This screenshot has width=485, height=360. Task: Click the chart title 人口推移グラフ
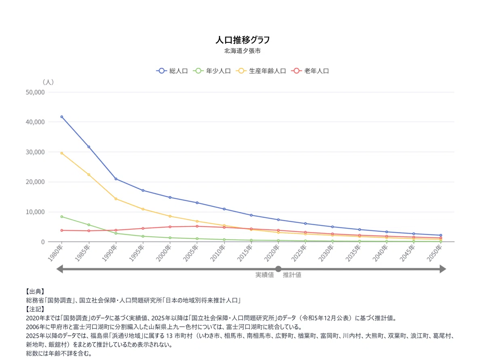(242, 40)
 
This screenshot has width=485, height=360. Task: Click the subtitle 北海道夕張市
(242, 51)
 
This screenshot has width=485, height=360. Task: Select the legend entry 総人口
(172, 71)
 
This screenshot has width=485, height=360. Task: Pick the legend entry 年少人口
(212, 71)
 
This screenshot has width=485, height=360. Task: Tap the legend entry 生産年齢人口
(261, 71)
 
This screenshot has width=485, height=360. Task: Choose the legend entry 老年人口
(310, 71)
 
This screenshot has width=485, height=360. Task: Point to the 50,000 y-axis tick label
(35, 92)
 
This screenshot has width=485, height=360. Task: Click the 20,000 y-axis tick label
(35, 182)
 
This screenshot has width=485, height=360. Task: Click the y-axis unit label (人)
(48, 82)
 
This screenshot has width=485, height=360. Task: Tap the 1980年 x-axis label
(55, 253)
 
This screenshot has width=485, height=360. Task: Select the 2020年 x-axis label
(272, 253)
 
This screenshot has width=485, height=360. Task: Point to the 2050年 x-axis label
(434, 253)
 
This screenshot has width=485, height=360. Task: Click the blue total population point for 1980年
(62, 117)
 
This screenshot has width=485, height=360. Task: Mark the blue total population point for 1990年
(116, 179)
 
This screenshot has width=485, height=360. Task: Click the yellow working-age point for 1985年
(89, 175)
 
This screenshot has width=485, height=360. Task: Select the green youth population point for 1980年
(62, 217)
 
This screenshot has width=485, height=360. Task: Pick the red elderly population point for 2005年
(197, 226)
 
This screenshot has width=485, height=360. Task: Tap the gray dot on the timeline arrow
(278, 269)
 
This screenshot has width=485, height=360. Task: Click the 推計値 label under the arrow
(292, 275)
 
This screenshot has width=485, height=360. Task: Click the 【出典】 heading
(35, 292)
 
